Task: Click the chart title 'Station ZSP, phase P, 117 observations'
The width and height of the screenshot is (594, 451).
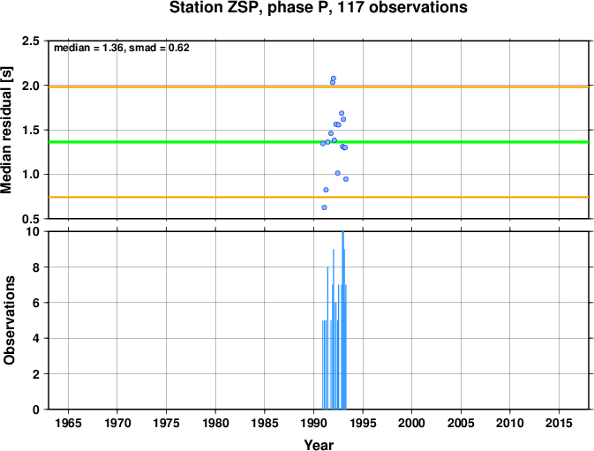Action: (319, 8)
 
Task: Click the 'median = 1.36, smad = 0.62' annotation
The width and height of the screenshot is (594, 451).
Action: (122, 48)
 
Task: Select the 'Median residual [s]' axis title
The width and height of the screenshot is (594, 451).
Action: (7, 130)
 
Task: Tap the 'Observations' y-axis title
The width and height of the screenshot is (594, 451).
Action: (9, 320)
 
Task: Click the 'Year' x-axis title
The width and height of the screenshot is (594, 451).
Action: (319, 445)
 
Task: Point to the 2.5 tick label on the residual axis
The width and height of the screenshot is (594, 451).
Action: (31, 41)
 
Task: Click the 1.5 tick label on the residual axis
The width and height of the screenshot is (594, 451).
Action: (31, 130)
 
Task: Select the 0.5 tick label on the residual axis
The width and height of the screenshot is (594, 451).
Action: (31, 219)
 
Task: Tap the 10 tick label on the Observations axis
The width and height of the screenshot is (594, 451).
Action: (33, 231)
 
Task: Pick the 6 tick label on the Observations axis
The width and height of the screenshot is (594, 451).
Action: (36, 303)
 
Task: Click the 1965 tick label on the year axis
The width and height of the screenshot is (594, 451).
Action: (68, 423)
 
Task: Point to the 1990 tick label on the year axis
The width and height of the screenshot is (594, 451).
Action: (313, 423)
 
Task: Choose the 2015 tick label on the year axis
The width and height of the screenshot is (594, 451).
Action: (560, 423)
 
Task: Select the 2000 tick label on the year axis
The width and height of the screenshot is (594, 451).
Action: (412, 423)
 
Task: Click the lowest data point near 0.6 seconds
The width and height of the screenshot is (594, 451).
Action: (324, 207)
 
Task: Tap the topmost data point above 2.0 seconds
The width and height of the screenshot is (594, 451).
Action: (334, 79)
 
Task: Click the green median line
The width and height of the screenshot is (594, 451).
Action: (319, 142)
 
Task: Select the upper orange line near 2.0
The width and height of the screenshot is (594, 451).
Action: (319, 87)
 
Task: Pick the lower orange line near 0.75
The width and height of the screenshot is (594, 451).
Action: (319, 198)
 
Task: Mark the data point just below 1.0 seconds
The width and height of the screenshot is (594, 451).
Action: (346, 179)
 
